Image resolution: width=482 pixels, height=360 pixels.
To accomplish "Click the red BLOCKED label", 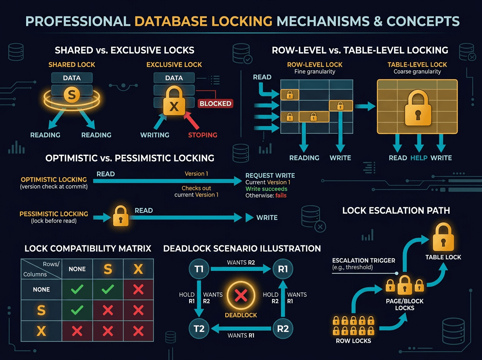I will tap(215, 103).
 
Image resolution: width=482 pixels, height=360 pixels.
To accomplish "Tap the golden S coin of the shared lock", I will tap(72, 95).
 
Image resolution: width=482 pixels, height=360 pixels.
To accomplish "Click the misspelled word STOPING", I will tap(202, 135).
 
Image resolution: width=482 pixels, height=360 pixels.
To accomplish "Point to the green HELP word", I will tap(419, 158).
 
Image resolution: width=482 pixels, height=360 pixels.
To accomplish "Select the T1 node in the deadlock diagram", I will tap(199, 269).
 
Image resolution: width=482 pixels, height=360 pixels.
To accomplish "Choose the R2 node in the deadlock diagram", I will tap(283, 329).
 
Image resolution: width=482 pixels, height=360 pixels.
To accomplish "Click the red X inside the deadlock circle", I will tap(241, 297).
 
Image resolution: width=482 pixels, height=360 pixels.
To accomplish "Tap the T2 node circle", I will tap(199, 329).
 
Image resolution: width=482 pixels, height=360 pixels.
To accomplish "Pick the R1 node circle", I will tap(283, 269).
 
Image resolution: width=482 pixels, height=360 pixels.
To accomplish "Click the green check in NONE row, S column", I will tap(108, 289).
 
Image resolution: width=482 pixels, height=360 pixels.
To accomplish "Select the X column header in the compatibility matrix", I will tap(138, 269).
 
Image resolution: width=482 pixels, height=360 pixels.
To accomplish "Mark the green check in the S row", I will tap(77, 310).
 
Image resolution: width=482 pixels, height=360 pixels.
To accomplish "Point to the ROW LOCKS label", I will tap(353, 341).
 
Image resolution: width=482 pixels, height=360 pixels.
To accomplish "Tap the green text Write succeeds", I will tap(266, 189).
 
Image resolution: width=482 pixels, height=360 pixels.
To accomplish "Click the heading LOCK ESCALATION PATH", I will tap(396, 210).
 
